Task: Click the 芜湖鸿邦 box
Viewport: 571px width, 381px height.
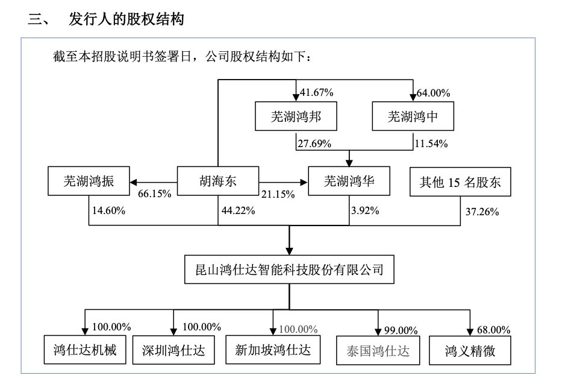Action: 295,117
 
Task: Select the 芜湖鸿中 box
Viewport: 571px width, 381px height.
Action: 413,117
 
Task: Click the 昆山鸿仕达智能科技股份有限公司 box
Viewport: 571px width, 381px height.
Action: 290,269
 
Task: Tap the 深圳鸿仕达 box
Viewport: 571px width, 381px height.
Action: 173,350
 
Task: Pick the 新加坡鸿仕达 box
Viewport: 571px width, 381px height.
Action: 273,349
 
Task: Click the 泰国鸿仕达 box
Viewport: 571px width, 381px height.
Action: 378,350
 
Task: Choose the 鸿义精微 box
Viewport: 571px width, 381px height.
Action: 470,350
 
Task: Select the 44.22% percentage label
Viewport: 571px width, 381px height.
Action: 239,210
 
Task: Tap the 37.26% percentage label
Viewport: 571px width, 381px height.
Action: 482,211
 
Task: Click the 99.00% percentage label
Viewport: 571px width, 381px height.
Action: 401,330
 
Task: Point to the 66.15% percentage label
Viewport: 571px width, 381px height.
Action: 155,194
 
